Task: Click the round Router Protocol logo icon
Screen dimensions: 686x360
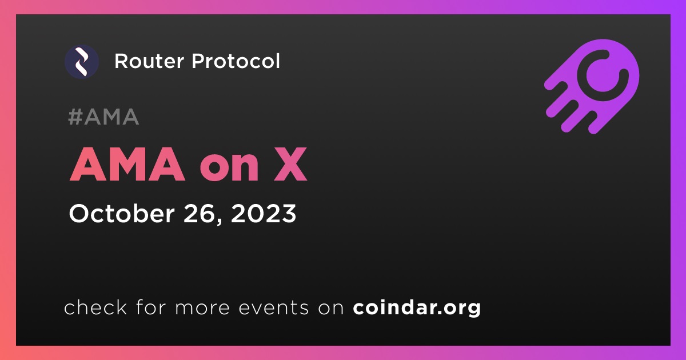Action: pos(82,62)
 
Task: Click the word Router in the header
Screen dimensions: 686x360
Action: pos(149,61)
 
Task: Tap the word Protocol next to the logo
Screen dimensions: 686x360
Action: pos(236,61)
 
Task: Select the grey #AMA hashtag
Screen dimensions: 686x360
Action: pos(103,117)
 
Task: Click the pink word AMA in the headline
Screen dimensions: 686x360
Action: pos(127,165)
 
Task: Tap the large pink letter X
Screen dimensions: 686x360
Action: pos(290,165)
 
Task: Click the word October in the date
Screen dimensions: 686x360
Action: pos(122,213)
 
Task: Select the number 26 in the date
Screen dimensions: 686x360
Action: pos(199,213)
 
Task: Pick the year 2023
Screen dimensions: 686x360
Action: pos(264,213)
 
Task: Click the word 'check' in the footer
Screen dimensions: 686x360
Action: pos(95,307)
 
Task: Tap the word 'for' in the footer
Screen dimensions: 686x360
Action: pos(151,307)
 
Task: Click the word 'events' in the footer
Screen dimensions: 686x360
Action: pos(274,308)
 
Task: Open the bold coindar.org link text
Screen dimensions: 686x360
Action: pos(417,307)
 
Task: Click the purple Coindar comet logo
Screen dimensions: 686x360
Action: pos(592,86)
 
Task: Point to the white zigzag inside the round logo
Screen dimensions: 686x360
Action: pos(81,62)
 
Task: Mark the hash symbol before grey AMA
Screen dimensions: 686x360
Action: pos(75,117)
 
